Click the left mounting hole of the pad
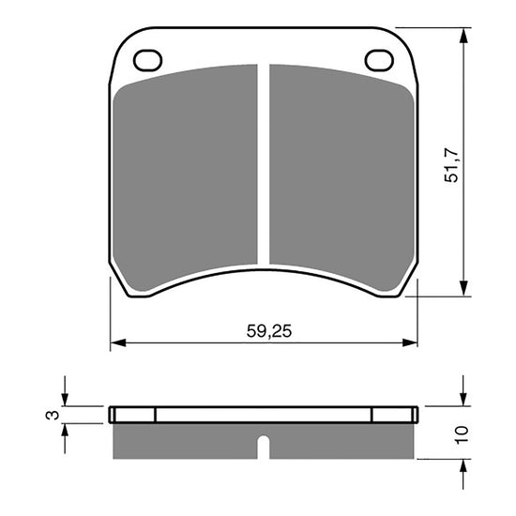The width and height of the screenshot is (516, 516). click(x=147, y=60)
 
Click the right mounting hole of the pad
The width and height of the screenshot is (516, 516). click(x=379, y=60)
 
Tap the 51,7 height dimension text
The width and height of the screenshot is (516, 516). click(x=451, y=164)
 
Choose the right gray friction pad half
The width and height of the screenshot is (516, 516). click(x=341, y=169)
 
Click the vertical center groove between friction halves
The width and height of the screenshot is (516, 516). click(x=264, y=164)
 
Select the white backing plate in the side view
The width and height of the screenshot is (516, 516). click(x=264, y=415)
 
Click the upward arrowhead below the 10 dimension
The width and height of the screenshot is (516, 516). click(x=463, y=465)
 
